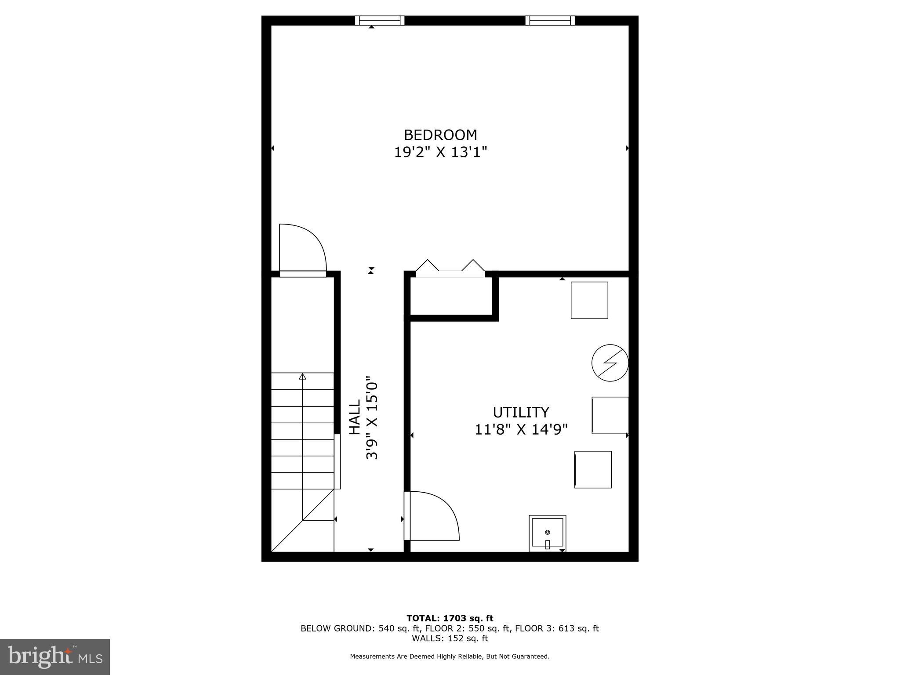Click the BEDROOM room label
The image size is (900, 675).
440,134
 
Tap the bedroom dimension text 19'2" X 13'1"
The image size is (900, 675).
440,152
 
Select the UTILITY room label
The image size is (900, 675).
521,412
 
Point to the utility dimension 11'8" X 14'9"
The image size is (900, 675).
521,429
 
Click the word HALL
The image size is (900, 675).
355,417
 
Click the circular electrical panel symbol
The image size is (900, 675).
610,363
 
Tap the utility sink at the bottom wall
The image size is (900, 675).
547,533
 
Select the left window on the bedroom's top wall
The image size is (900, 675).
380,20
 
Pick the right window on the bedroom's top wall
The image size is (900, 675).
550,20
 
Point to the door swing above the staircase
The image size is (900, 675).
302,248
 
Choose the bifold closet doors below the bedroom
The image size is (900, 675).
450,268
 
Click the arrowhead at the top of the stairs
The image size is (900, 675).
302,376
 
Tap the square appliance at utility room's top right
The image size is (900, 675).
589,300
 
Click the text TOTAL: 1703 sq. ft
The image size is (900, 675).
450,618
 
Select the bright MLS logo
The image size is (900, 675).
55,657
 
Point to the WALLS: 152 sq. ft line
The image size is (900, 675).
450,638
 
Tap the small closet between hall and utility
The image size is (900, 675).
451,296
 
